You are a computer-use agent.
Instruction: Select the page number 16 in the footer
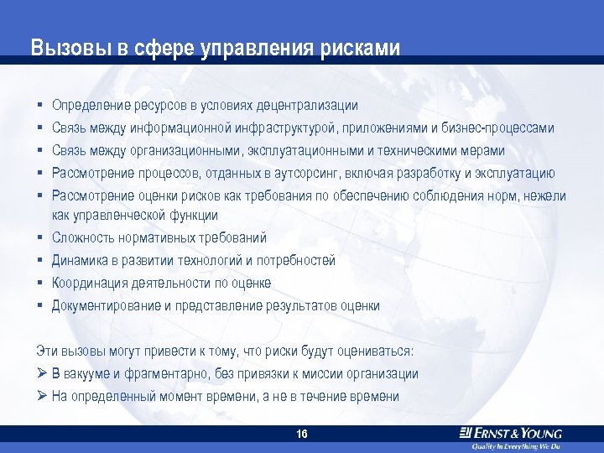click(x=302, y=434)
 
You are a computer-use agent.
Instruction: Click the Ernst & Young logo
click(x=511, y=433)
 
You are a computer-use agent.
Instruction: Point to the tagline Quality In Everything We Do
click(x=515, y=446)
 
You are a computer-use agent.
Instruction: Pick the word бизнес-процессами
click(x=496, y=128)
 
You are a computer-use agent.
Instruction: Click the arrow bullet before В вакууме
click(x=41, y=373)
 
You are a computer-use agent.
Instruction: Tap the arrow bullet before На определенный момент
click(x=41, y=396)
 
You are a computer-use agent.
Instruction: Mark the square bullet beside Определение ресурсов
click(x=39, y=107)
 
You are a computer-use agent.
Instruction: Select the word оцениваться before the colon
click(x=372, y=351)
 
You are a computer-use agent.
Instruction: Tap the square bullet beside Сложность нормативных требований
click(x=39, y=239)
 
